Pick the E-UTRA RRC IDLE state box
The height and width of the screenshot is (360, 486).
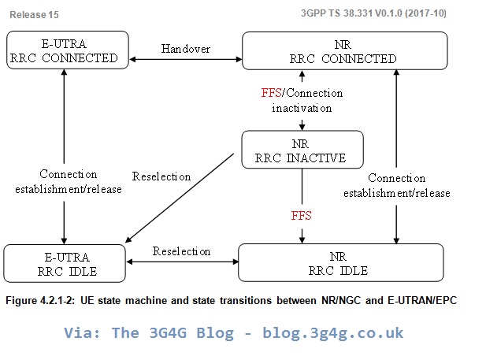coord(65,262)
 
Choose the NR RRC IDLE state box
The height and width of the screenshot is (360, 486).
coord(340,262)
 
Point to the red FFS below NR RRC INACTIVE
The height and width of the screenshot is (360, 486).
coord(302,213)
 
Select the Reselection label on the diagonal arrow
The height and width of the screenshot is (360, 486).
coord(161,176)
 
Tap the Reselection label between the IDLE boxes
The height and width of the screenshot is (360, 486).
coord(181,251)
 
